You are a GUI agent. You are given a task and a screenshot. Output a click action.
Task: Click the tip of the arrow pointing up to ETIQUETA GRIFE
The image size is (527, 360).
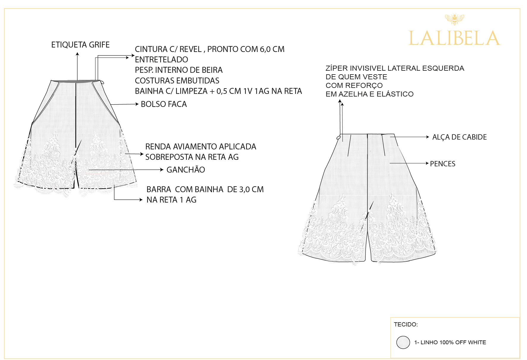[77, 52]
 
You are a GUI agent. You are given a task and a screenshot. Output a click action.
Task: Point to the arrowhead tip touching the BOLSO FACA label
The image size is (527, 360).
[139, 104]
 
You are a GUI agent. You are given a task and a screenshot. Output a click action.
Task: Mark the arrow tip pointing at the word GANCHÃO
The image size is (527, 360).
[163, 170]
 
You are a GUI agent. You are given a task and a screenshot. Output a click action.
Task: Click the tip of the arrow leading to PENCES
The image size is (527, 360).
[429, 163]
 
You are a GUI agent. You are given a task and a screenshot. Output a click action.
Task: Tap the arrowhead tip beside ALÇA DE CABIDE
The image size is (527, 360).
[429, 137]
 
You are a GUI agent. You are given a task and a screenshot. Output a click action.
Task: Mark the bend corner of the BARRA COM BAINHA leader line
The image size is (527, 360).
[114, 200]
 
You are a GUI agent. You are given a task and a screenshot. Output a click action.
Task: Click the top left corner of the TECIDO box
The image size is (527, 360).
[391, 318]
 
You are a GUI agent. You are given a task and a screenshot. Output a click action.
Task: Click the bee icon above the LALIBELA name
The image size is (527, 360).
[454, 19]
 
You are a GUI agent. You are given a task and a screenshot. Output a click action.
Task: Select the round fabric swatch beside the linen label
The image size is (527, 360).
[403, 342]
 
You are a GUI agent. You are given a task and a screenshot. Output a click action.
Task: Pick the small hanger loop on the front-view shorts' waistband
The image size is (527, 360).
[102, 82]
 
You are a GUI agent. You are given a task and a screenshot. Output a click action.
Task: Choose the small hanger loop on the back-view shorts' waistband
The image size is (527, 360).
[338, 138]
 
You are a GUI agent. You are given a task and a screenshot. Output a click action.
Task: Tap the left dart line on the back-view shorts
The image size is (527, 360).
[349, 146]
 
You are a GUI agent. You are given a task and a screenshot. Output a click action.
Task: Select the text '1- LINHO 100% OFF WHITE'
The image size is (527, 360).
[450, 342]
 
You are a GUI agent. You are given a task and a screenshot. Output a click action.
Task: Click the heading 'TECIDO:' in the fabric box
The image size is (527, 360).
[406, 324]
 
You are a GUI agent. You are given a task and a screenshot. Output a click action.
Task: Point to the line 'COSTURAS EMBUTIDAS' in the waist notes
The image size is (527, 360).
[177, 80]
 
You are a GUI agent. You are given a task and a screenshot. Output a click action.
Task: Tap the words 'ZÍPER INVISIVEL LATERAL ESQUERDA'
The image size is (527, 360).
[395, 68]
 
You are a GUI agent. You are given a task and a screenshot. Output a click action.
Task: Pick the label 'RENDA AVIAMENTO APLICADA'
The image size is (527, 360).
[201, 146]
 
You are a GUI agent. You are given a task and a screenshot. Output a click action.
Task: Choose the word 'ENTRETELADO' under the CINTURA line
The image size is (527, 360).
[161, 59]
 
